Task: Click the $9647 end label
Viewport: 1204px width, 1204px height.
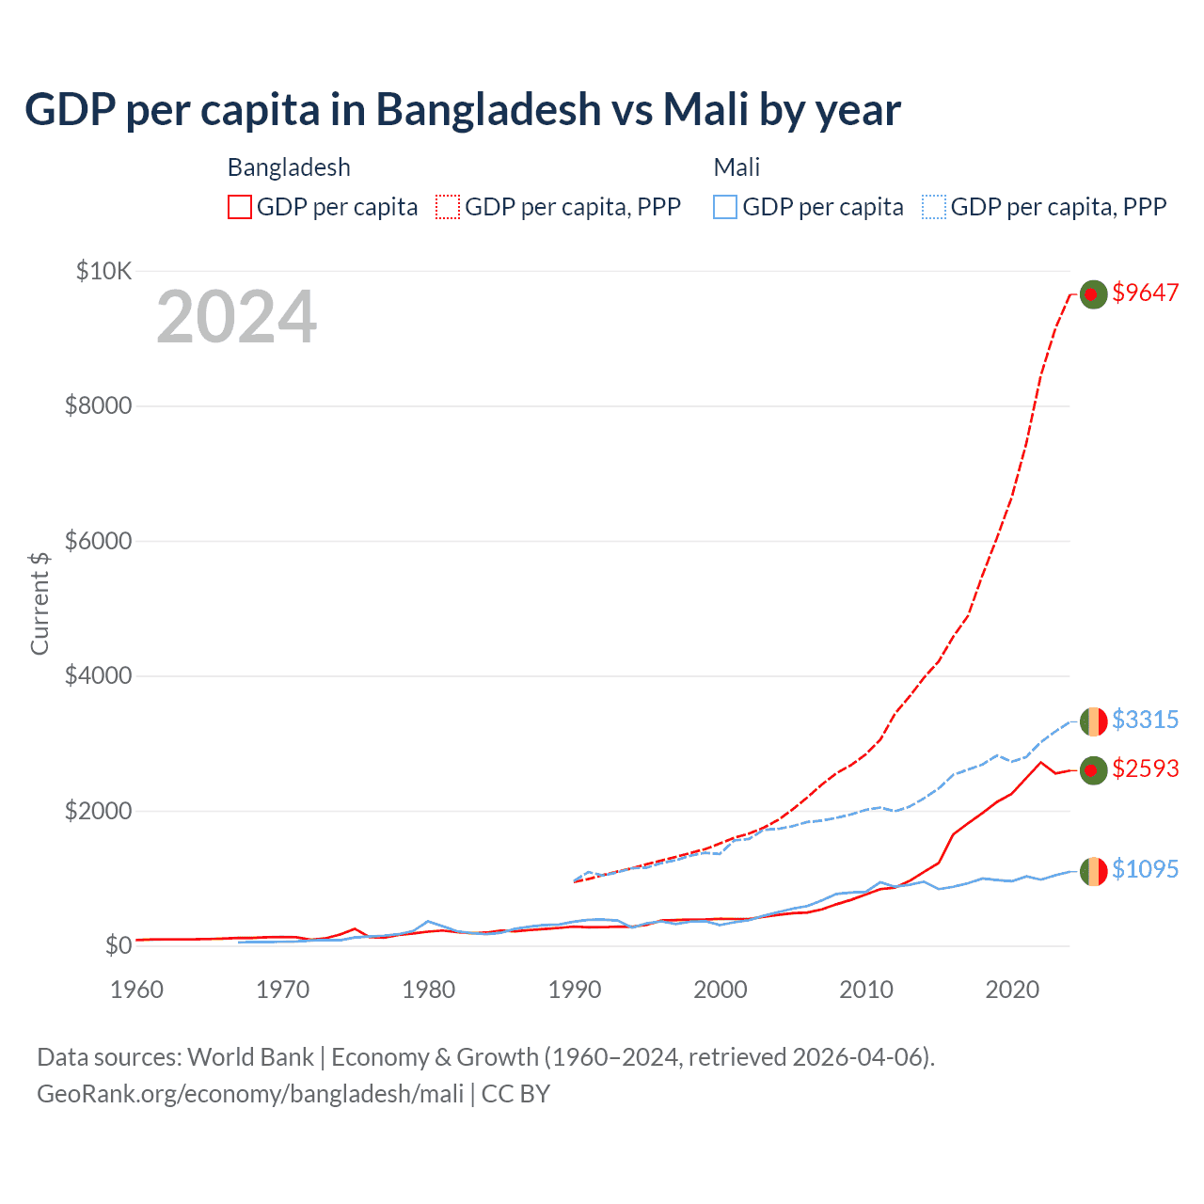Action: [1145, 293]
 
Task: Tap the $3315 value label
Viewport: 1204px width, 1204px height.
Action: [1145, 720]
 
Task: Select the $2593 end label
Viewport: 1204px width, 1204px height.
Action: [1145, 768]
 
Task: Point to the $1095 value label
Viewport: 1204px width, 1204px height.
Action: [1145, 869]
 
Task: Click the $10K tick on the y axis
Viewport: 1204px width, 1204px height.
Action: [103, 272]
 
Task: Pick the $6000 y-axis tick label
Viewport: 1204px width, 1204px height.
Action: [98, 541]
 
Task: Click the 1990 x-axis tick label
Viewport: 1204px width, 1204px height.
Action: [575, 990]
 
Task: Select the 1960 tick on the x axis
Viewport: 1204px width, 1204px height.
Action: [137, 990]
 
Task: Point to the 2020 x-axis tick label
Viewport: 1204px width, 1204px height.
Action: [1012, 990]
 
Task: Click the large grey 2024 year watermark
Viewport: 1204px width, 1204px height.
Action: [236, 317]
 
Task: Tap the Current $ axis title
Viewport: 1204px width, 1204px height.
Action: [40, 603]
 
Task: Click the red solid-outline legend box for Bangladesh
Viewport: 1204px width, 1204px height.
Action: [240, 207]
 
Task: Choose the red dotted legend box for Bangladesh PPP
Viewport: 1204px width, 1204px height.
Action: [448, 207]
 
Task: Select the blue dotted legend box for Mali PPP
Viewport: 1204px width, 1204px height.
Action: [934, 207]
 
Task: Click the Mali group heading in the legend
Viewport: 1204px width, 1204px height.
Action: [737, 167]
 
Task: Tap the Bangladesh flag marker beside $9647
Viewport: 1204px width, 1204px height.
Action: [1092, 294]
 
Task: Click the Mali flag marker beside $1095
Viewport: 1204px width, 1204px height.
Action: [1093, 871]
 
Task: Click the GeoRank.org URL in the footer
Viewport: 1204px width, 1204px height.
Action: [250, 1094]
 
